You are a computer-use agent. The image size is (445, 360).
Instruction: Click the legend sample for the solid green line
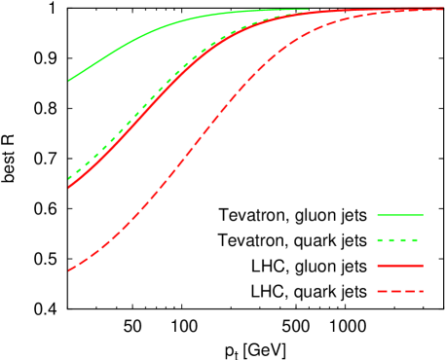400,214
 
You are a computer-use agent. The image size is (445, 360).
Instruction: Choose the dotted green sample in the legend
398,239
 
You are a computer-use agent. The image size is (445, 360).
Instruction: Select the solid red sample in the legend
400,265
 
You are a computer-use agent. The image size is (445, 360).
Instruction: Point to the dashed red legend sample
400,291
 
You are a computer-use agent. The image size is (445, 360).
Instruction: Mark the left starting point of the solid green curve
69,81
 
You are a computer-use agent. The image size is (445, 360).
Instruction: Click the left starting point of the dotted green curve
69,179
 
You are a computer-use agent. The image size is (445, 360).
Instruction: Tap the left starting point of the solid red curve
69,186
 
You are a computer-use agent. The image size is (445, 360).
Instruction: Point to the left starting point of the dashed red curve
69,270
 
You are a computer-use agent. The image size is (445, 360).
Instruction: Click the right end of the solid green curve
308,10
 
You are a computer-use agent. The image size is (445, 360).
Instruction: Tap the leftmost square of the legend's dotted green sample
381,239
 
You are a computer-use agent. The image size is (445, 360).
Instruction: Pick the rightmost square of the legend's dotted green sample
415,239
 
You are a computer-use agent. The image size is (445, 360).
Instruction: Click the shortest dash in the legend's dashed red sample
421,291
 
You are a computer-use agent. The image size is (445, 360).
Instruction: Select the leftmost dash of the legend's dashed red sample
383,291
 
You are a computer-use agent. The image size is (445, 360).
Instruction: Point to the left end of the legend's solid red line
378,265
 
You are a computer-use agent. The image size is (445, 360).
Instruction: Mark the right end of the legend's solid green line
423,214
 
